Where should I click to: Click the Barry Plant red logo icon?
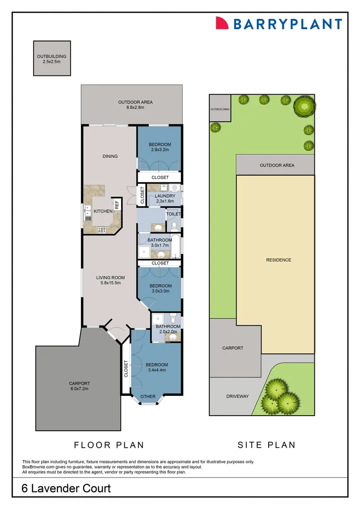coord(222,23)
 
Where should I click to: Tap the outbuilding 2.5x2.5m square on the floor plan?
coord(52,58)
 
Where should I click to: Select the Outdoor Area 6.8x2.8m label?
coord(135,105)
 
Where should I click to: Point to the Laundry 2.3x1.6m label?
coord(165,198)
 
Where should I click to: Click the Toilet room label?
coord(173,214)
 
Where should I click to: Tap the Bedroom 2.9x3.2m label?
coord(160,147)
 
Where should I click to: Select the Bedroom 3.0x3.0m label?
coord(161,288)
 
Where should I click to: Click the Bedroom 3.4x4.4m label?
coord(157,368)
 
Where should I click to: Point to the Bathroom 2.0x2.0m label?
coord(168,329)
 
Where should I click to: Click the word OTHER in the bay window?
coord(148,396)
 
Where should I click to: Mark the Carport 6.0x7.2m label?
coord(79,386)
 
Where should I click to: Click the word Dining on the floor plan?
coord(110,156)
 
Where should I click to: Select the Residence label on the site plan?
coord(278,260)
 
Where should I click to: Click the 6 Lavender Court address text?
coord(66,488)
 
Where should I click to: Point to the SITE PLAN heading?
coord(266,444)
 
